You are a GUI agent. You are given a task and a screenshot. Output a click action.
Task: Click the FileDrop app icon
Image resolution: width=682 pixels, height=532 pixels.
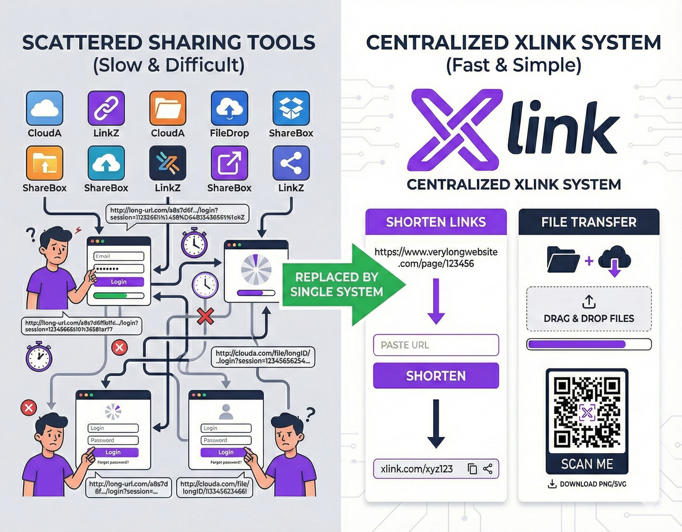[229, 108]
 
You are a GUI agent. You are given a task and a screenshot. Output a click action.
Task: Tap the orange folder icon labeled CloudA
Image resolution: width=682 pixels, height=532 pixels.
[168, 108]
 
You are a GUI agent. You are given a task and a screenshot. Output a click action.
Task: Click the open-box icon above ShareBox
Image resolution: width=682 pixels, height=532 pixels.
[291, 108]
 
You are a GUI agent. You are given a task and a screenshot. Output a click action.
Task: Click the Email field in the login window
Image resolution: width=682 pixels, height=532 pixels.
[119, 256]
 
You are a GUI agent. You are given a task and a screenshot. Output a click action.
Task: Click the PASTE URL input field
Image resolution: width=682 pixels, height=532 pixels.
[436, 345]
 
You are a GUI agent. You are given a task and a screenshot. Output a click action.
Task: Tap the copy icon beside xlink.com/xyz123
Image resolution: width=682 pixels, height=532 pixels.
[472, 469]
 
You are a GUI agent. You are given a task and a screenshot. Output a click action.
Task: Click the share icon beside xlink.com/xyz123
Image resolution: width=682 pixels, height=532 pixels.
[488, 469]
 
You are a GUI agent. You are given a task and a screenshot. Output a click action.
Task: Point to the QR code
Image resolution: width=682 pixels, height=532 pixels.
[587, 412]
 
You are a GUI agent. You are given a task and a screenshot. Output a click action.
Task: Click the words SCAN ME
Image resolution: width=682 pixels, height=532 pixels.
[587, 464]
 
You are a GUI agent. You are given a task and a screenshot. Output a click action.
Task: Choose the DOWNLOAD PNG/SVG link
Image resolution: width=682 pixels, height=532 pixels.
[587, 484]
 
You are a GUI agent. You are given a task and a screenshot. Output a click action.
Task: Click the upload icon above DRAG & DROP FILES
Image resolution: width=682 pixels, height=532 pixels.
[589, 301]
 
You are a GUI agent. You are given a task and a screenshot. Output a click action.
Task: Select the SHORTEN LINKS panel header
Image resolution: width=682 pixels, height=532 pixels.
[436, 222]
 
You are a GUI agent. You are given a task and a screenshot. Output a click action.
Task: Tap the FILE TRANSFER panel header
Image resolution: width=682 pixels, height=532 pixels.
[589, 222]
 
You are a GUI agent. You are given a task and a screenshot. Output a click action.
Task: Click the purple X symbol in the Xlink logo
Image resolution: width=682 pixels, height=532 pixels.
[453, 129]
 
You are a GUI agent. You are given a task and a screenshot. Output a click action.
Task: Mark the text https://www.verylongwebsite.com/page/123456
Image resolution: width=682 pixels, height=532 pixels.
[436, 258]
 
